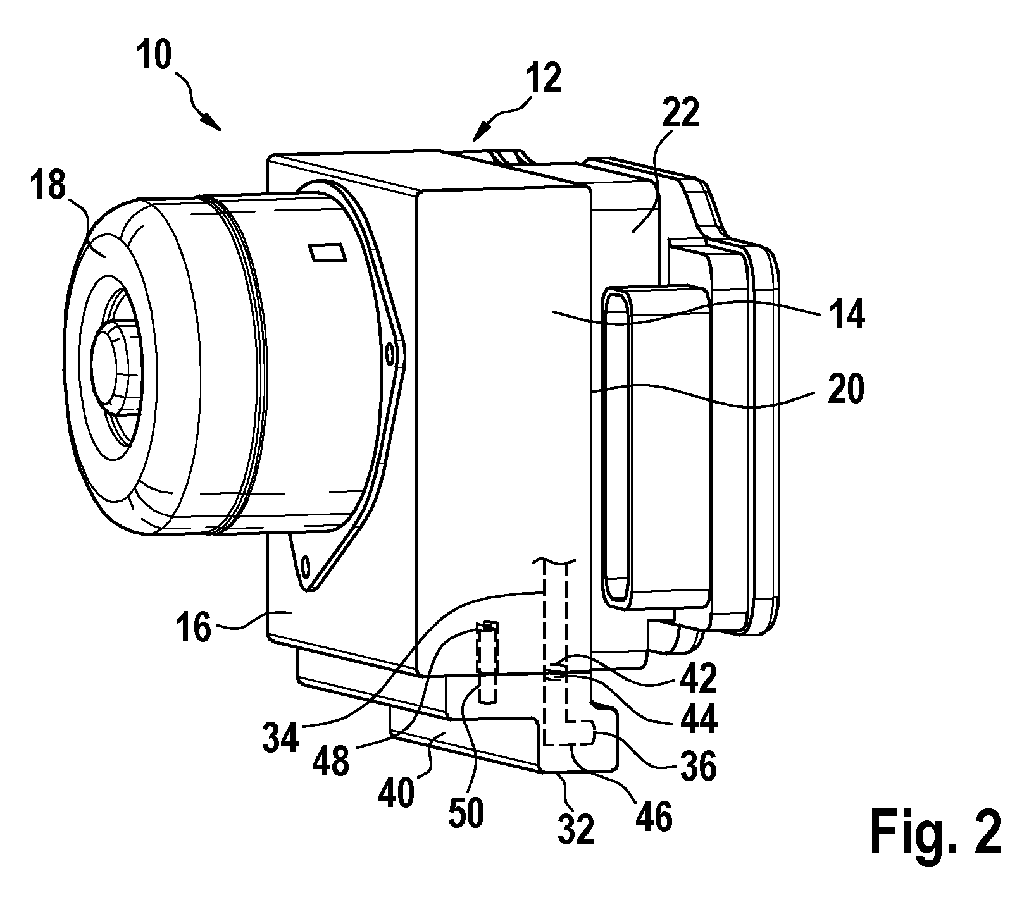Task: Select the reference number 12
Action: pyautogui.click(x=542, y=79)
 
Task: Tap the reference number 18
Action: pyautogui.click(x=47, y=189)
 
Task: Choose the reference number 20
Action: pyautogui.click(x=844, y=390)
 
